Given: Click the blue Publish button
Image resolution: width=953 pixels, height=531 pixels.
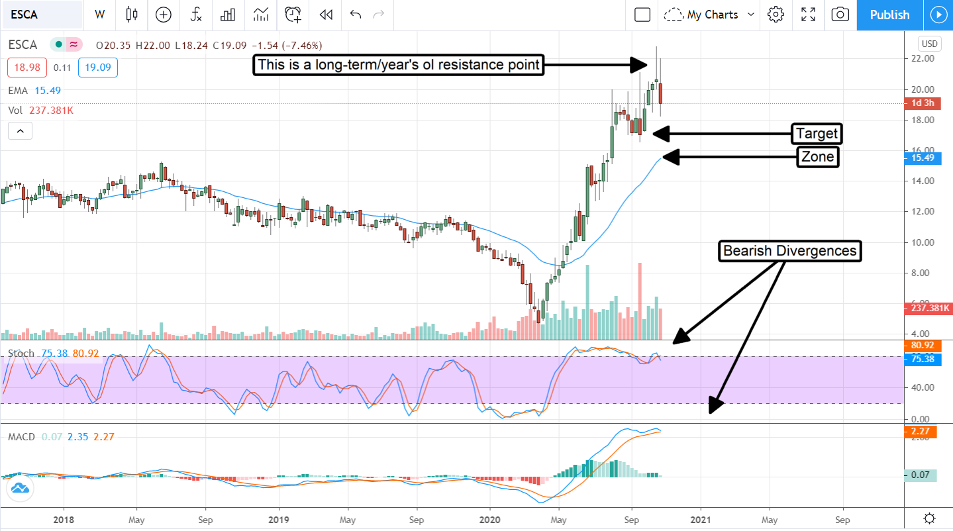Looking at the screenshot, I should (x=889, y=15).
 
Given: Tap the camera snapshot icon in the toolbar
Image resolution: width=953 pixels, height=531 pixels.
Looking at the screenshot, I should (x=840, y=15).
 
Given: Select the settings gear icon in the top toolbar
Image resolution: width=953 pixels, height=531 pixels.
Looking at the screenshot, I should (x=776, y=15).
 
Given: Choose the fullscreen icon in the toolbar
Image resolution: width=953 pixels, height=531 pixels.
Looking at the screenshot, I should (x=808, y=15).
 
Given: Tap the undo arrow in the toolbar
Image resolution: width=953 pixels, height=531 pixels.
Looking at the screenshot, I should (x=356, y=15).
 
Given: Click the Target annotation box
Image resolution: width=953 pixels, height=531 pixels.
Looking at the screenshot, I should (x=817, y=134).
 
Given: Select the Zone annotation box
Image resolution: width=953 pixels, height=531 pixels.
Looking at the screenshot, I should (x=817, y=157).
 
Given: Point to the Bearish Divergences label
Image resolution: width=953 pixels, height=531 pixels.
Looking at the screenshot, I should (x=789, y=251).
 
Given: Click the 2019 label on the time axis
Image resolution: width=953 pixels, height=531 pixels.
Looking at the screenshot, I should (x=279, y=520).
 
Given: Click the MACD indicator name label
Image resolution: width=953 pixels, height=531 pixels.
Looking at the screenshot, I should (x=21, y=437).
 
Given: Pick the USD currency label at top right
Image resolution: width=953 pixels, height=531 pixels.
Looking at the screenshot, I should (x=929, y=44).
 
